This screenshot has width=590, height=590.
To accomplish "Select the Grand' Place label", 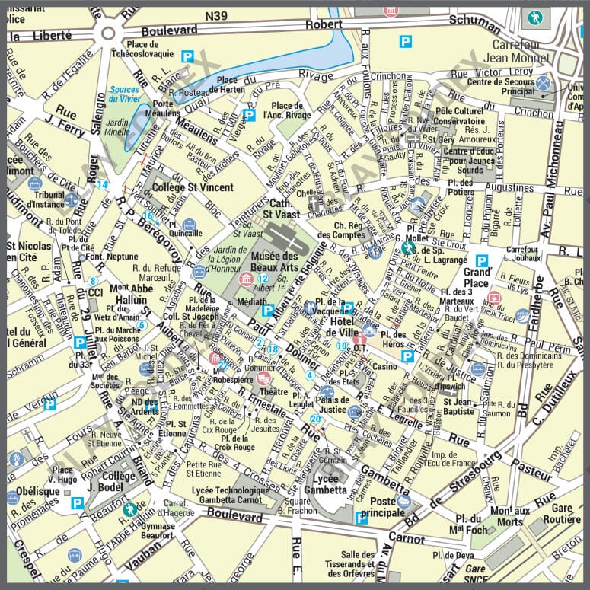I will [x=477, y=276].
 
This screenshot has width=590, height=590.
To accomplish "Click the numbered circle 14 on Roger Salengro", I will [x=102, y=185].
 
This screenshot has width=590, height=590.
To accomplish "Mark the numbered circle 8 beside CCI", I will [x=93, y=281].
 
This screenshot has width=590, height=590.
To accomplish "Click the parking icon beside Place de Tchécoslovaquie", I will [x=188, y=55].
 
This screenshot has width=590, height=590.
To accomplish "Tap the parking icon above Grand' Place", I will [x=482, y=260].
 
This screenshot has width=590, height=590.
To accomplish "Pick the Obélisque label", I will [x=38, y=491].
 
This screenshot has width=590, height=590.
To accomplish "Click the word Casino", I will [x=384, y=367].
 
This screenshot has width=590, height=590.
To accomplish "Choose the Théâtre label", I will [x=274, y=392].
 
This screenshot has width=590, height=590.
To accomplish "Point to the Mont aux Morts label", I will [x=510, y=516].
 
